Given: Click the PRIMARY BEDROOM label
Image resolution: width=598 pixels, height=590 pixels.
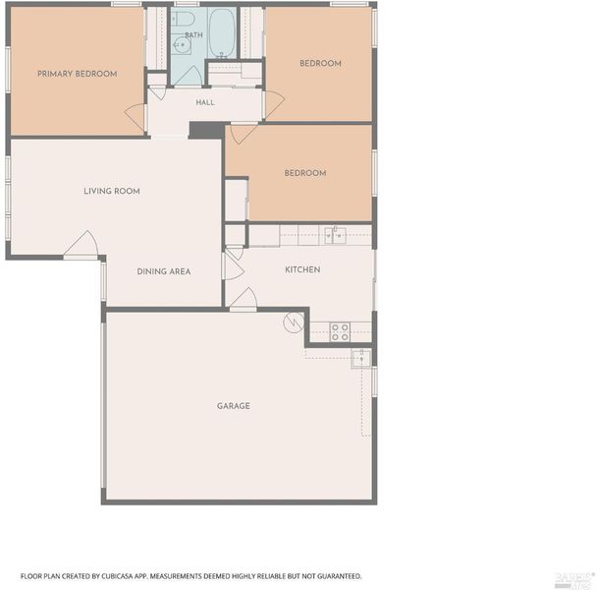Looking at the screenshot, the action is click(x=77, y=74).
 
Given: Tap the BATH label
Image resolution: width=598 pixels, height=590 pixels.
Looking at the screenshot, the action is click(x=193, y=35).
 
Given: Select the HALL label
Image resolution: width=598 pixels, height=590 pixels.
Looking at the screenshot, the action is click(x=205, y=102).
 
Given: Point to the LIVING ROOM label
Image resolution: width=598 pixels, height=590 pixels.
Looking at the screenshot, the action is click(x=112, y=191).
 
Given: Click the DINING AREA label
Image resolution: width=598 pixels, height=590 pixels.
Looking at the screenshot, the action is click(x=164, y=271).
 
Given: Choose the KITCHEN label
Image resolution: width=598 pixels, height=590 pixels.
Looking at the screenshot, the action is click(x=302, y=269).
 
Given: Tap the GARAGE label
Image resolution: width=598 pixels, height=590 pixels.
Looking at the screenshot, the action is click(x=234, y=406).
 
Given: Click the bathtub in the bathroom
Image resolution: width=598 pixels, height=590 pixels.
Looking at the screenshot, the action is click(x=222, y=32).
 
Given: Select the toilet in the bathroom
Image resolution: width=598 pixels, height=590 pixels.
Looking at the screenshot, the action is click(x=183, y=18).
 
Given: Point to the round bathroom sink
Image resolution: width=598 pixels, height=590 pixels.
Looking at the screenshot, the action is click(x=182, y=45).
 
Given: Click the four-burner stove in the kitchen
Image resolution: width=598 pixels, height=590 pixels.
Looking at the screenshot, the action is click(x=340, y=331).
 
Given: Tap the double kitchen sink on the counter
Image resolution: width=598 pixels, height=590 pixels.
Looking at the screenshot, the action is click(x=335, y=236).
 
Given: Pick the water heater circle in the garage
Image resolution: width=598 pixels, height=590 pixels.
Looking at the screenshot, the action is click(x=294, y=323).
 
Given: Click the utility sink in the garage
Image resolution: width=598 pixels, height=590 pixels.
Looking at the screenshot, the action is click(x=360, y=359).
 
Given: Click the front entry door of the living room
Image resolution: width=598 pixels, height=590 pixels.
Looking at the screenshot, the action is click(x=82, y=245).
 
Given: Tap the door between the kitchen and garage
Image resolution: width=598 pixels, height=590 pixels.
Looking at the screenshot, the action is click(x=244, y=299).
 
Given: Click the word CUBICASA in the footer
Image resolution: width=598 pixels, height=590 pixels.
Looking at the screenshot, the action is click(x=116, y=576).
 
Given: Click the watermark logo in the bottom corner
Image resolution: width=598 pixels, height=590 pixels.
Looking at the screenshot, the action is click(x=574, y=579).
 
